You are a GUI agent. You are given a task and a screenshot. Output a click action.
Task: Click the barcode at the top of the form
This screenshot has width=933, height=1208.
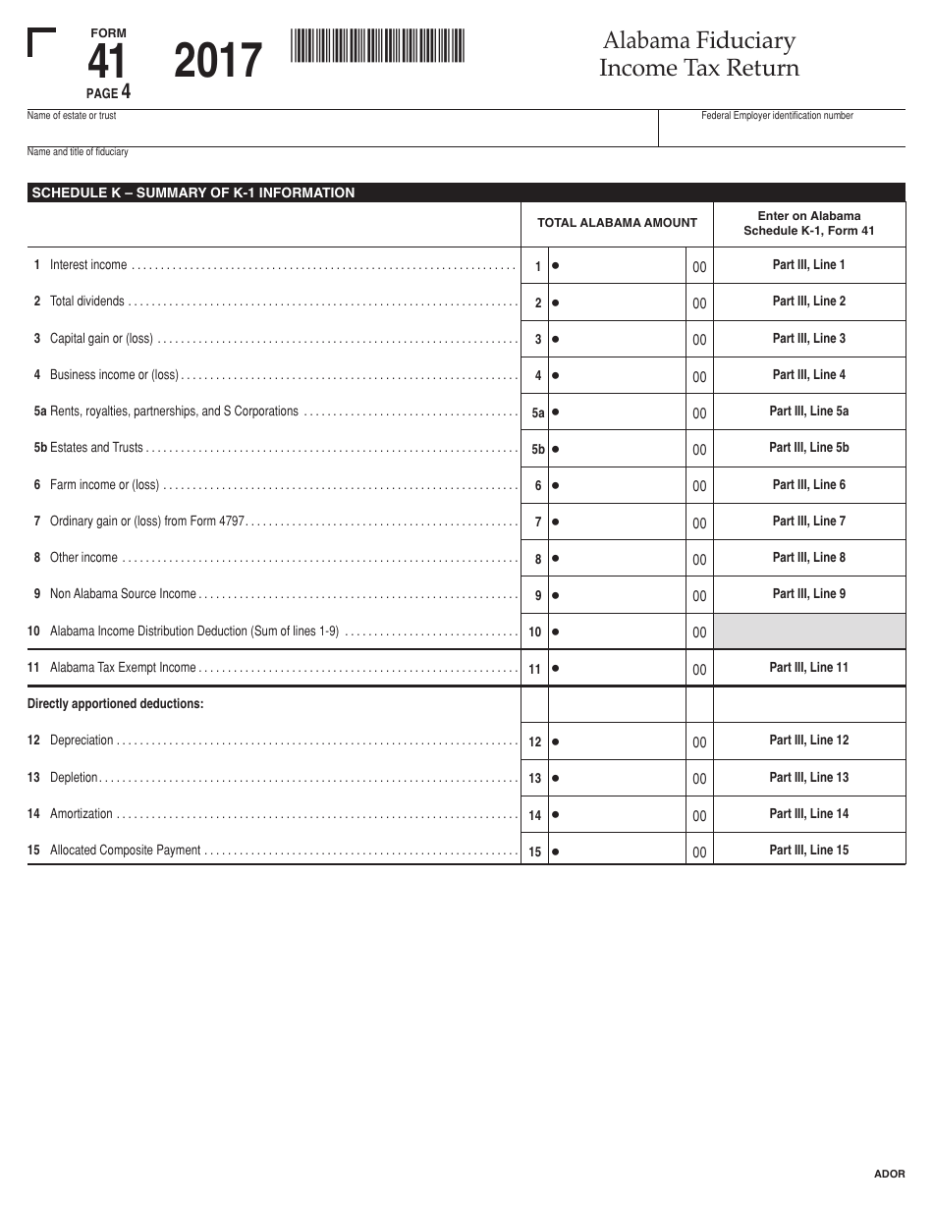[x=377, y=46]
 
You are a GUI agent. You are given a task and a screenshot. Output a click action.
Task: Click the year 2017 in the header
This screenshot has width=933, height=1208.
[x=218, y=61]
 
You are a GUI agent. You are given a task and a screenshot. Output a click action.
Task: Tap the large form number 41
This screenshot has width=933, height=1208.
[x=107, y=63]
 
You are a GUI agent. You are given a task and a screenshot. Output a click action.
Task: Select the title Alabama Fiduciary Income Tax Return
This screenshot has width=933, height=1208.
[x=699, y=55]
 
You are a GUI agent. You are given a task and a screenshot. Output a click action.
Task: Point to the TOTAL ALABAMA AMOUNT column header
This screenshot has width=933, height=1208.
[x=617, y=223]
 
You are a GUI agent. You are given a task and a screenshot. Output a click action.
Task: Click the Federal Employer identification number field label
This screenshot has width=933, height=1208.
[x=777, y=116]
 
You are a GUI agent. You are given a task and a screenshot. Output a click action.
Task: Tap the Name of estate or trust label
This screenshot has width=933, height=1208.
[x=72, y=116]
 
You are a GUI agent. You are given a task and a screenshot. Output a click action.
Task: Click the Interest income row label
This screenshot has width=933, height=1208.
[x=88, y=265]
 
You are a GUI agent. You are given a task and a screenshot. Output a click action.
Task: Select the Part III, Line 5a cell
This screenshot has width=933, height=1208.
[x=808, y=412]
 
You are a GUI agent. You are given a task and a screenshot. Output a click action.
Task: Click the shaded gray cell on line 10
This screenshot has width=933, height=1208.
[x=808, y=631]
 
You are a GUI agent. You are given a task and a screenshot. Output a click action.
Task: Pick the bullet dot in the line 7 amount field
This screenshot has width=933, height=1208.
[x=556, y=522]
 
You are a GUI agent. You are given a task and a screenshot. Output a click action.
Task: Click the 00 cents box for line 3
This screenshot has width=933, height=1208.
[x=699, y=340]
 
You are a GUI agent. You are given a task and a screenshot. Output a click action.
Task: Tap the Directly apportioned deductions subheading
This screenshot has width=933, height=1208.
[x=116, y=704]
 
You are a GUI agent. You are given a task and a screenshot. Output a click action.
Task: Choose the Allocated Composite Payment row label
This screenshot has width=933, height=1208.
[x=125, y=851]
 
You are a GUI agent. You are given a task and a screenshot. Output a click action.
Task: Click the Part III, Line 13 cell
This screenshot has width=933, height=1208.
[x=808, y=778]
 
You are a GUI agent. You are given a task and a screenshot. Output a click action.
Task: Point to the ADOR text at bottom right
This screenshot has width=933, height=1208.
[x=889, y=1174]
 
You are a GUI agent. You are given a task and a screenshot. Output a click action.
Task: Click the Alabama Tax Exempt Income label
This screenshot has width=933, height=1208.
[x=123, y=668]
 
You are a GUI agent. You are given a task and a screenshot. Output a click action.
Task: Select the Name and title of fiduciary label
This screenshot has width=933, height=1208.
[x=78, y=152]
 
